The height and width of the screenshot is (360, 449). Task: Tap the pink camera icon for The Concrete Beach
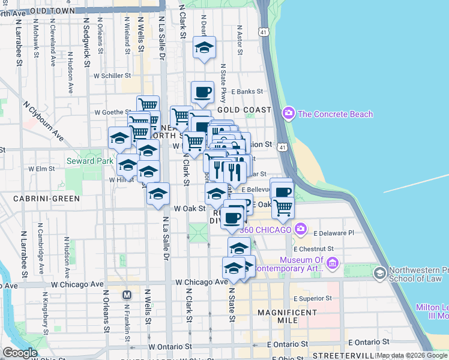[289, 113]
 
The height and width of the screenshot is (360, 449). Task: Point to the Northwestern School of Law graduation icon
[379, 274]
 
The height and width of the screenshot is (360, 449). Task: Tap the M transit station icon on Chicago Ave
[127, 295]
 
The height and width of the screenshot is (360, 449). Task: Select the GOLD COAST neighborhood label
[244, 110]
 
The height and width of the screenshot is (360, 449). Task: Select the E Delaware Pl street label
[333, 232]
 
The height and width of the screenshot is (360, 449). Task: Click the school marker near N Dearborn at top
[204, 47]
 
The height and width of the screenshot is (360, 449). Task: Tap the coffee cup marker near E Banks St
[202, 92]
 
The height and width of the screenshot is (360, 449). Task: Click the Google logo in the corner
[19, 353]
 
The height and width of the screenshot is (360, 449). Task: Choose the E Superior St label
[313, 298]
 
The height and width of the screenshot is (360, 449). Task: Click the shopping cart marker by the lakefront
[283, 207]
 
